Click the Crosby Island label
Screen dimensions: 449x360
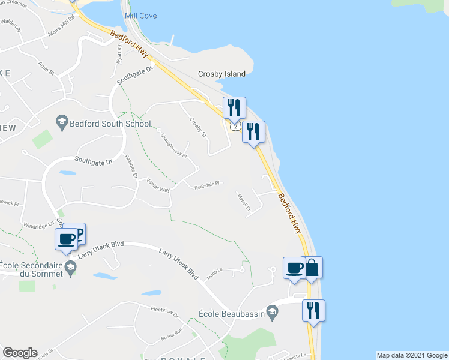coord(221,74)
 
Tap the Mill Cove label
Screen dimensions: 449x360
coord(140,16)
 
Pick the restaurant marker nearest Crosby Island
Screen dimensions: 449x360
coord(234,107)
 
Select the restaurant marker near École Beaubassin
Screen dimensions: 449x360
coord(313,310)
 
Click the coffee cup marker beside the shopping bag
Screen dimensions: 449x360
coord(294,268)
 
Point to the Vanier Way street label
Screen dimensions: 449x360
coord(158,189)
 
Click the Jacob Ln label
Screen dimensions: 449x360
coord(214,272)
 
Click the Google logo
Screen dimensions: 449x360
coord(20,353)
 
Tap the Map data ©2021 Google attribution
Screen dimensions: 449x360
coord(412,355)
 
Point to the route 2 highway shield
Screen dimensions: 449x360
coord(235,127)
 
